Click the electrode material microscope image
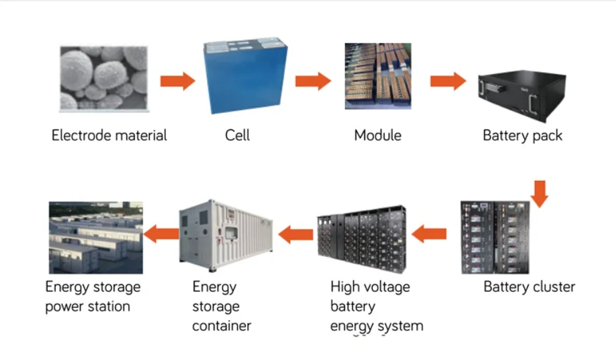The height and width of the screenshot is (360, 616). click(x=103, y=77)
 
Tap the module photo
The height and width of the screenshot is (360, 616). click(x=378, y=76)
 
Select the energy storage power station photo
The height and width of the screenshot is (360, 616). click(x=96, y=238)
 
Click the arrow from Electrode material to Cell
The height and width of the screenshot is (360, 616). click(x=178, y=81)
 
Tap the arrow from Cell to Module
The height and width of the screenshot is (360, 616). click(x=313, y=81)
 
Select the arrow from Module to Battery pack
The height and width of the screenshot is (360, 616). click(x=447, y=81)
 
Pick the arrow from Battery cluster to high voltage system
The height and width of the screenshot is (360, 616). click(x=429, y=233)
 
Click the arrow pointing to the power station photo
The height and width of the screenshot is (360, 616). click(x=161, y=233)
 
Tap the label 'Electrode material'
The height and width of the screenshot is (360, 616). click(x=109, y=136)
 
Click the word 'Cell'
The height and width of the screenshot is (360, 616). click(x=237, y=136)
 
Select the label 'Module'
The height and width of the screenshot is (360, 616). click(x=377, y=136)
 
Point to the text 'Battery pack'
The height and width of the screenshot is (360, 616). click(x=522, y=136)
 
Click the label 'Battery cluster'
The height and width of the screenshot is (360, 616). click(x=529, y=287)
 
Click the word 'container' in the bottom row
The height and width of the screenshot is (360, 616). click(x=221, y=326)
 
